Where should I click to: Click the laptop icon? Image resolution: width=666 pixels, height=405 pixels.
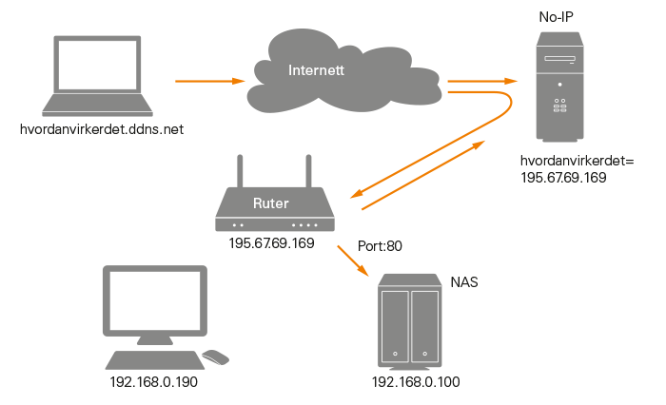[100, 76]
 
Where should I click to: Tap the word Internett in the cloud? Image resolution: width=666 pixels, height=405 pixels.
[317, 70]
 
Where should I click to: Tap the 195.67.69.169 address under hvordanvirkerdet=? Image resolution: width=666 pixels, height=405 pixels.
[565, 177]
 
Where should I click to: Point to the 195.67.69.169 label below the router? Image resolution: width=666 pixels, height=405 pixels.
[272, 243]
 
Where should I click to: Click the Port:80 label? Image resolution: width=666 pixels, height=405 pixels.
[380, 246]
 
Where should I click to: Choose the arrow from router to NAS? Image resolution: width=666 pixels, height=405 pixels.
[353, 262]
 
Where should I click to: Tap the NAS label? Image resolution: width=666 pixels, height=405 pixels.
[463, 282]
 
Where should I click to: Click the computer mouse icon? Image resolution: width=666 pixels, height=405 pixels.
[216, 357]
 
